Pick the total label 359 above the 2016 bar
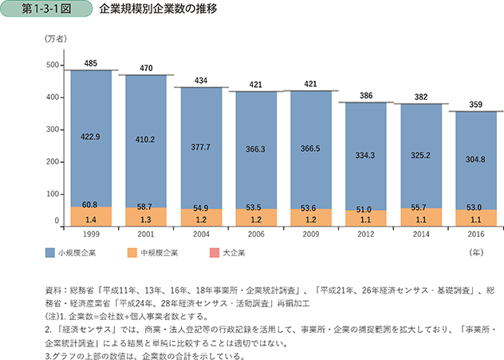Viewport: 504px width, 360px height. (476, 105)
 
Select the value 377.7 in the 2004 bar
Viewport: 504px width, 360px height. (200, 146)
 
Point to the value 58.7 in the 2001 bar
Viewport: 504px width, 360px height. (145, 206)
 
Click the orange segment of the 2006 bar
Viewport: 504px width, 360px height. (255, 212)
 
